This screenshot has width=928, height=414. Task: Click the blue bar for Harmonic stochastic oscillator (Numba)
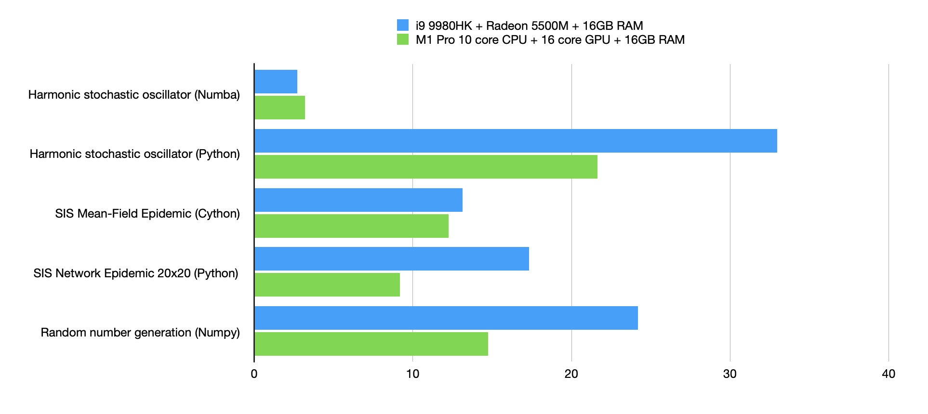[276, 81]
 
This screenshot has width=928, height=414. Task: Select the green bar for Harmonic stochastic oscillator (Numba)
[280, 107]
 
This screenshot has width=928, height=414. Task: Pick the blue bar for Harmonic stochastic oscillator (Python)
[516, 141]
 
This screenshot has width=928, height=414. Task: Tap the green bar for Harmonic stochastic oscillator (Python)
[426, 167]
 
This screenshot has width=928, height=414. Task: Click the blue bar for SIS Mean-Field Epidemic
[358, 200]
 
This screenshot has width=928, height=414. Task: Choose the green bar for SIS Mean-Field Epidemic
[352, 226]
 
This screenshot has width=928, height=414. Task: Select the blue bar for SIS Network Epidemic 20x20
[392, 259]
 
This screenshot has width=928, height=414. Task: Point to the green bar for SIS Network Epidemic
[327, 285]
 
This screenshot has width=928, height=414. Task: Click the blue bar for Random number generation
[446, 318]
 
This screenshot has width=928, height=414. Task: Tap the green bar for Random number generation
[371, 344]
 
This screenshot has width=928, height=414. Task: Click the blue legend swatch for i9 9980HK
[403, 25]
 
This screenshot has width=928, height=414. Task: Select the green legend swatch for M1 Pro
[403, 39]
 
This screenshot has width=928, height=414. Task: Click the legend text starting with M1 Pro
[550, 39]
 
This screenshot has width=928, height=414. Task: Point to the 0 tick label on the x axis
[254, 374]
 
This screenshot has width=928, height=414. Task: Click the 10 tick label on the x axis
[412, 374]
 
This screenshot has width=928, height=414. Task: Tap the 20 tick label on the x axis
[571, 374]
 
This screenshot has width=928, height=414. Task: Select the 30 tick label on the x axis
[730, 374]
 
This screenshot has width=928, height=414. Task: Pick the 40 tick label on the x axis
[888, 374]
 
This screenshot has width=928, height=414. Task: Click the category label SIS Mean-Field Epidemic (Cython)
[147, 213]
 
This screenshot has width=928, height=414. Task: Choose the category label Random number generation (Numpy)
[140, 332]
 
